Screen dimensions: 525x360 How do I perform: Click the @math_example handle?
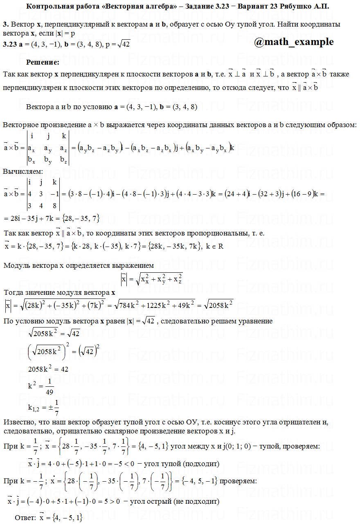[294, 42]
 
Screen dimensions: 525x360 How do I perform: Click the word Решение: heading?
[43, 63]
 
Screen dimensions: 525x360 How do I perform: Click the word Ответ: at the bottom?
[25, 517]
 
